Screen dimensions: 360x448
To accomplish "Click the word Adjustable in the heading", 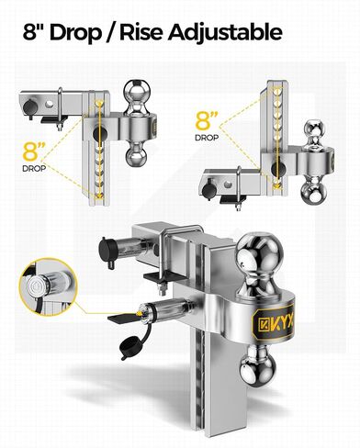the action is (225, 33).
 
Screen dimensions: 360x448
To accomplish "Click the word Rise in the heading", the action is (141, 32).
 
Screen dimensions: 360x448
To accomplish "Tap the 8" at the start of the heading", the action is (33, 32).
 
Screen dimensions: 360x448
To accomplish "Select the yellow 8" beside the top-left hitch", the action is (34, 151).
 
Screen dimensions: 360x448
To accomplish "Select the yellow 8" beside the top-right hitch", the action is (207, 121).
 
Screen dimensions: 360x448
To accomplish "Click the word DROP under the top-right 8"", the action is (207, 138).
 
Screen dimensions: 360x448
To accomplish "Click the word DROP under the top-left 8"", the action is (34, 168).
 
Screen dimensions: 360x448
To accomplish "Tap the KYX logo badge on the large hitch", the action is (272, 321).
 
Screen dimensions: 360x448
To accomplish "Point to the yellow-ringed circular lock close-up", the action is (48, 286).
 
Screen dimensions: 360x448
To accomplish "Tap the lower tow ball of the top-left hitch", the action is (137, 155).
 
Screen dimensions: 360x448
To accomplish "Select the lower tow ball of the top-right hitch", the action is (314, 192).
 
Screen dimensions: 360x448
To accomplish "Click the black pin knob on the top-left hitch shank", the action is (30, 106).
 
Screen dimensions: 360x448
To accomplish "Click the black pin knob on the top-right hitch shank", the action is (209, 188).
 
